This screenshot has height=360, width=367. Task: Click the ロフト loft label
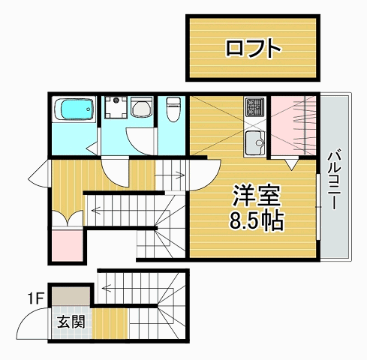coord(254,49)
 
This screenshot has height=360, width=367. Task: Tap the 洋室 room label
coord(256,197)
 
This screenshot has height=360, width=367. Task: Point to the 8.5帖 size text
coord(256,221)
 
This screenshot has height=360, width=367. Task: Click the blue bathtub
coord(74,112)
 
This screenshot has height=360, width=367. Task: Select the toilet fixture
coord(173,110)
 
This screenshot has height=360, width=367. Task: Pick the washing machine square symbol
coord(116,108)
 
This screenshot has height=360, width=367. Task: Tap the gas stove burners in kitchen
coord(254,108)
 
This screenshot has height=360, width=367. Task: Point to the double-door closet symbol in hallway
coord(68,218)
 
